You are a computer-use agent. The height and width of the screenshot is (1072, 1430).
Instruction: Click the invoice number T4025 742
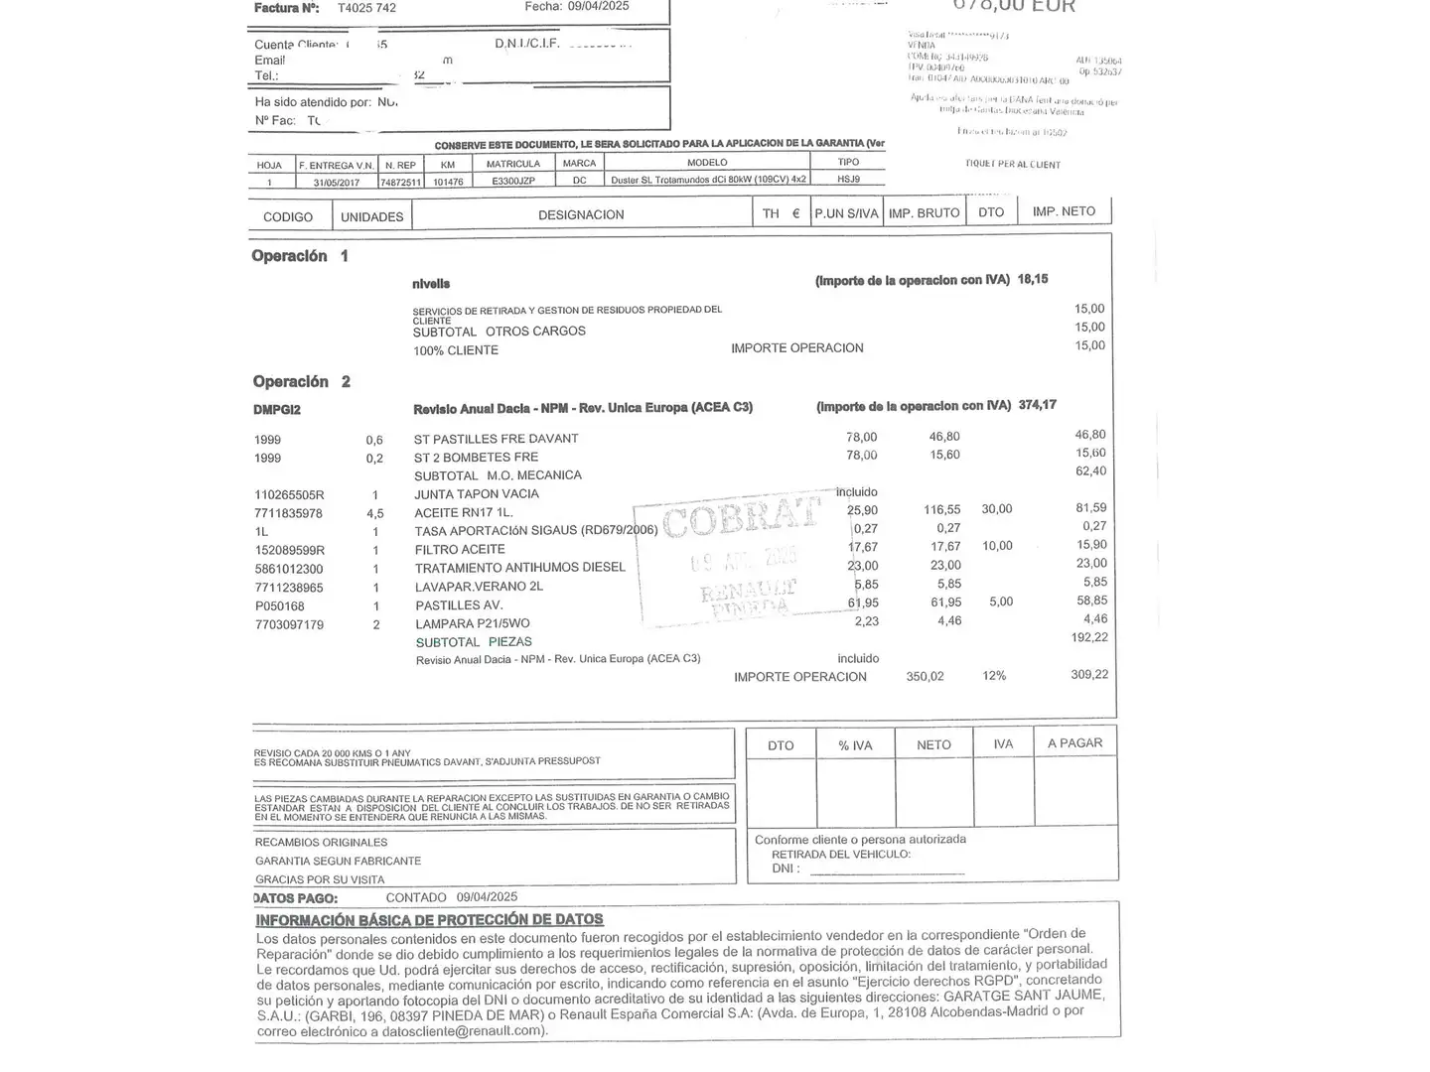tap(366, 8)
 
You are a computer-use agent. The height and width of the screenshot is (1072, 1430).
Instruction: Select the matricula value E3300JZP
tap(513, 182)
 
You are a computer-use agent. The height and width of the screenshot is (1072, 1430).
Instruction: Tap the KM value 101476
tap(448, 182)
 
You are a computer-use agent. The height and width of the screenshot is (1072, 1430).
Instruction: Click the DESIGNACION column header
tap(581, 215)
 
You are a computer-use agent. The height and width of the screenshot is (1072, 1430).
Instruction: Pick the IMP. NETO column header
tap(1064, 211)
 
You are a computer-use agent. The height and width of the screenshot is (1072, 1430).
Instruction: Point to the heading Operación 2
tap(301, 382)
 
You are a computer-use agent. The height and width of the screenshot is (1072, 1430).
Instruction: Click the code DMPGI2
tap(277, 410)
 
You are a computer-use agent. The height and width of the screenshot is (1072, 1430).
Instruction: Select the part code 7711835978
tap(288, 513)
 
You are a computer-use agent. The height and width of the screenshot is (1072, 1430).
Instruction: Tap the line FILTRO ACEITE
tap(460, 550)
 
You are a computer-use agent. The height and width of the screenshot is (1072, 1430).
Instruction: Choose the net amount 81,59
tap(1091, 508)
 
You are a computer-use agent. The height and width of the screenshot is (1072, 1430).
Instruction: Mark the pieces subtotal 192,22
tap(1089, 637)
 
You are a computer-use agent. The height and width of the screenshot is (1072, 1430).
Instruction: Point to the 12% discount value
tap(994, 676)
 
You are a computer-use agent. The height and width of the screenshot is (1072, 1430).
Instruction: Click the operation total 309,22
tap(1089, 675)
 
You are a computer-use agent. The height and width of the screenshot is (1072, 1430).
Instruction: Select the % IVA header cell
tap(855, 745)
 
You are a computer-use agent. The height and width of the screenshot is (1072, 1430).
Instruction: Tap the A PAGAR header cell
tap(1074, 743)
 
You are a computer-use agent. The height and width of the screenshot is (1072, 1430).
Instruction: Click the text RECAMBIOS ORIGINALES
tap(321, 843)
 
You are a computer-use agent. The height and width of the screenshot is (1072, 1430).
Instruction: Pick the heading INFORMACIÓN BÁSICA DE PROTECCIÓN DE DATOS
tap(429, 920)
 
